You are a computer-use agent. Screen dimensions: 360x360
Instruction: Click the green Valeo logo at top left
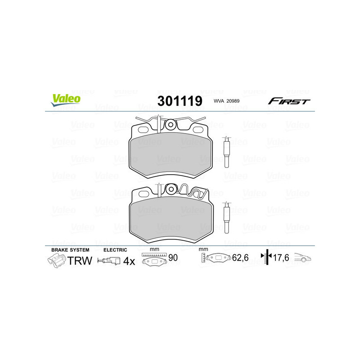pos(65,100)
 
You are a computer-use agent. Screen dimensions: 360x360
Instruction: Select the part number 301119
pos(180,100)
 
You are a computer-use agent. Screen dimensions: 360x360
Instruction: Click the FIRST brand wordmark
pos(289,101)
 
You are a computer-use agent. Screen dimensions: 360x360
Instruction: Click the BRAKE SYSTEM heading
pos(70,250)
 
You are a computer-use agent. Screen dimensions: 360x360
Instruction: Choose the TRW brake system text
pos(80,261)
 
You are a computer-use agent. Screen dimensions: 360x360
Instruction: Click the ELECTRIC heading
pos(115,250)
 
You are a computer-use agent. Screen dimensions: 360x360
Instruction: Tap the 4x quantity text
pos(129,261)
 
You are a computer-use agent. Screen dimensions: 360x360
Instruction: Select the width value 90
pos(172,258)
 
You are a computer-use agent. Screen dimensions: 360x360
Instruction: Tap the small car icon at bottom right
pos(303,258)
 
